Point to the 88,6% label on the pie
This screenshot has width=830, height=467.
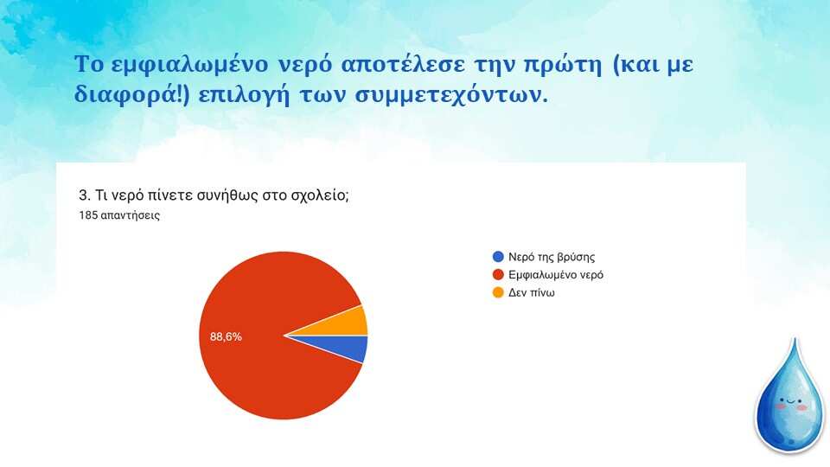click(x=226, y=336)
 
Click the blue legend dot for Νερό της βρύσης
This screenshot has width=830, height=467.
click(x=498, y=257)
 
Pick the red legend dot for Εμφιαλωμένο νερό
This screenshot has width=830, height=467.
click(x=498, y=275)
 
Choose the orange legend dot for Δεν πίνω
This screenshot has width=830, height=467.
click(x=498, y=293)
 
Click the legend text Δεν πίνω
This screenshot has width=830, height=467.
click(x=532, y=293)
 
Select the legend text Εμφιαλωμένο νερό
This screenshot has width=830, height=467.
click(x=556, y=275)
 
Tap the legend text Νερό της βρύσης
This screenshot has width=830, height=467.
click(x=552, y=257)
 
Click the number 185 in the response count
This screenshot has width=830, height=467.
click(x=88, y=215)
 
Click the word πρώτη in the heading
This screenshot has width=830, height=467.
click(x=563, y=65)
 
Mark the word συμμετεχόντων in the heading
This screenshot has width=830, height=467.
click(x=449, y=96)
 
